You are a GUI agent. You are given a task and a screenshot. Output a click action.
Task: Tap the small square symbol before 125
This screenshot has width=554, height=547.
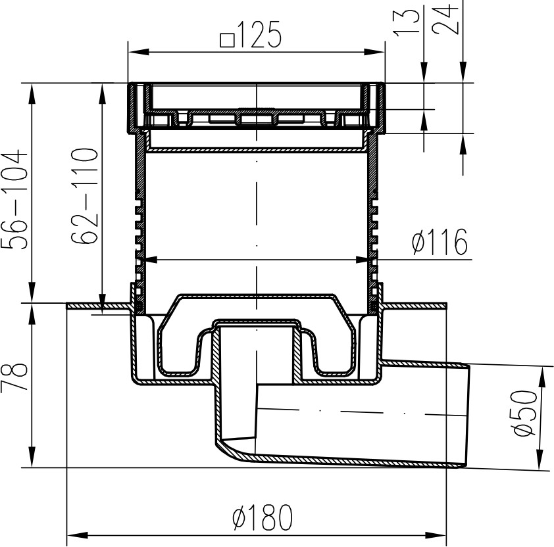pos(227,40)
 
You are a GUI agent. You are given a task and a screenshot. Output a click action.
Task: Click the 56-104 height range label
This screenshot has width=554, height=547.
pos(14,199)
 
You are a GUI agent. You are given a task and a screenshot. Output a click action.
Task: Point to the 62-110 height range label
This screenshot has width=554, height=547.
pos(84,196)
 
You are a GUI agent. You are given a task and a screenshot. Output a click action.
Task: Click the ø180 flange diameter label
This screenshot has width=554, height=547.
pos(263,517)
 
